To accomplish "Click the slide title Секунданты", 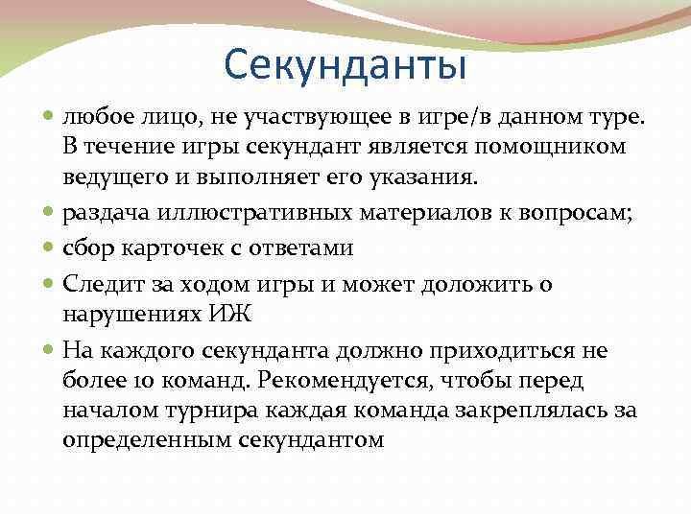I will pyautogui.click(x=345, y=65).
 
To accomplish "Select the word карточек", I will pyautogui.click(x=165, y=248).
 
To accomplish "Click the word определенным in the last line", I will pyautogui.click(x=141, y=441).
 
